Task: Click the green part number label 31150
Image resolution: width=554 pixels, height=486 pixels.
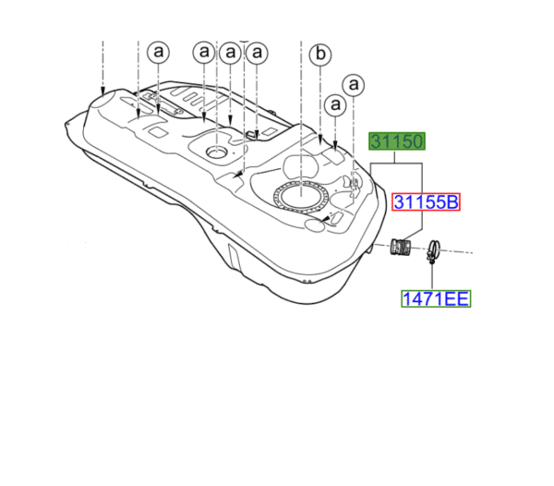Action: point(397,141)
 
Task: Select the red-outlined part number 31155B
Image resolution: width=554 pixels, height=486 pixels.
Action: point(426,202)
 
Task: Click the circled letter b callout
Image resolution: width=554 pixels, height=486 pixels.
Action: point(319,56)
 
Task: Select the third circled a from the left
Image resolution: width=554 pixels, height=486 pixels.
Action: point(229,53)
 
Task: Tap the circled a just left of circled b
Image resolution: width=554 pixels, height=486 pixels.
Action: point(257,53)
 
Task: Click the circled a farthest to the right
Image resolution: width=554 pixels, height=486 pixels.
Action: point(353,84)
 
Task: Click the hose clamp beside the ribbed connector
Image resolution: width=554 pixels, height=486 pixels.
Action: point(432,249)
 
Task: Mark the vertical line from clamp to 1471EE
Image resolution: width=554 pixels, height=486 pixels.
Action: point(432,274)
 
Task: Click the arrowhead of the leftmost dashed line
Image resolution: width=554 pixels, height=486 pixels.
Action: point(103,93)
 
